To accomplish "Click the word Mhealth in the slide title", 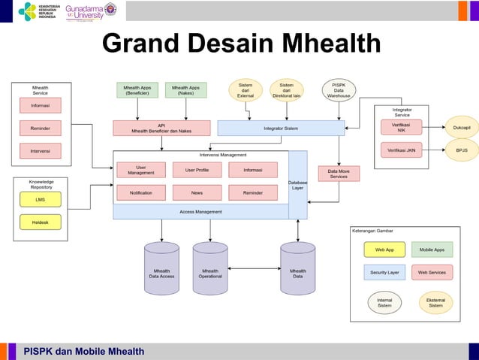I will point(325,44).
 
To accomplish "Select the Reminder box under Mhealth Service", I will point(41,129).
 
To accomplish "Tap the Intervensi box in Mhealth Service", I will point(41,151).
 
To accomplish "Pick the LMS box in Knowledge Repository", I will point(41,200).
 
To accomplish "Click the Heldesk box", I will point(41,222).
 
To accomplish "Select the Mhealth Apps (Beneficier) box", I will point(137,90).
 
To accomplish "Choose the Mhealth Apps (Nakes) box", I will point(185,90).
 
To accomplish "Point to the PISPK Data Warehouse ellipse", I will point(339,91).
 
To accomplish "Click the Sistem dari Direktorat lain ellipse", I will point(286,91).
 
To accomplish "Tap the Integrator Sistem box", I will point(281,129).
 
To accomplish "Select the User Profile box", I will point(197,170).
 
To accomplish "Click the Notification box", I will point(141,193).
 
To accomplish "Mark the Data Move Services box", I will point(339,174).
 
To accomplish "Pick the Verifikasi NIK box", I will point(402,128).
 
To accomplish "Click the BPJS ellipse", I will point(461,150).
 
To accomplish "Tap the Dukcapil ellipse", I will point(461,128).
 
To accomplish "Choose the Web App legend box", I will point(384,250).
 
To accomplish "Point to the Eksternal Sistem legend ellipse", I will point(435,303).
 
